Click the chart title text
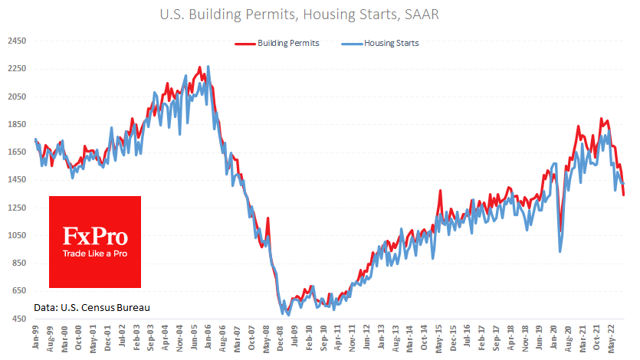320,14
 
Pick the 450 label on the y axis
17,319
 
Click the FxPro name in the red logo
94,235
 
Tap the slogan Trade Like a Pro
94,254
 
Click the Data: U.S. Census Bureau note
91,307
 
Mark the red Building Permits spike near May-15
440,191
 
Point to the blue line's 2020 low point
560,250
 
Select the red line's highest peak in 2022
602,119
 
